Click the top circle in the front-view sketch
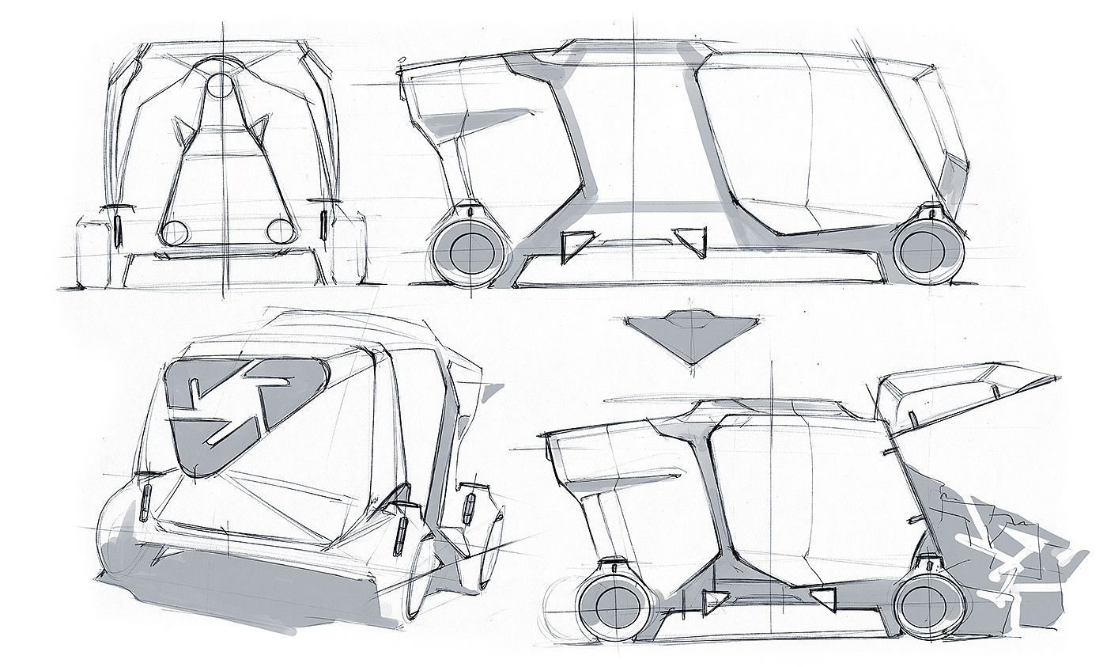(x=223, y=85)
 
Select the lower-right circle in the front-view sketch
(x=279, y=231)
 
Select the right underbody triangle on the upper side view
(x=693, y=238)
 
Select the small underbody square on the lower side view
(x=824, y=599)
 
